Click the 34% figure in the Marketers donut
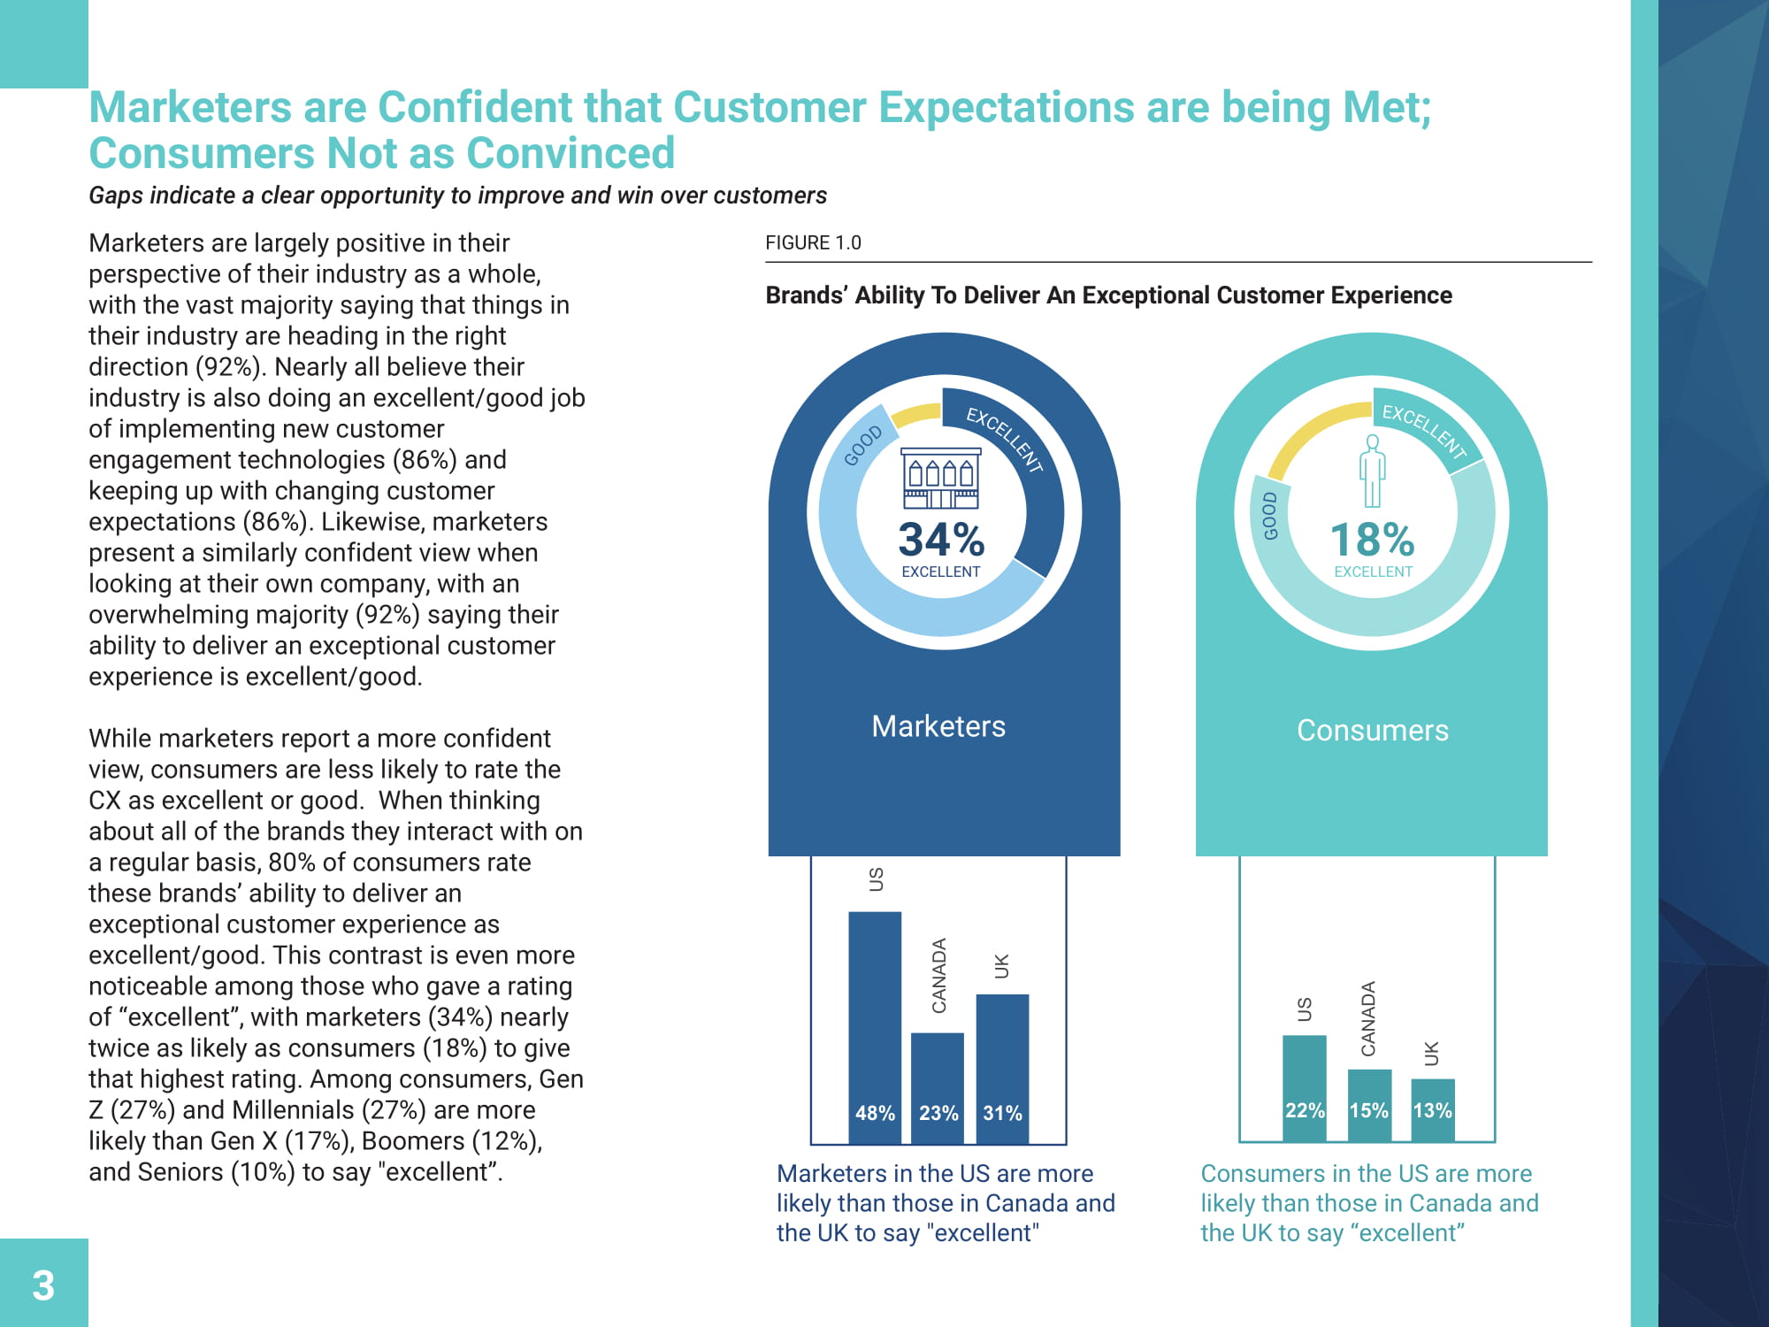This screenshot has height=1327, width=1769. click(x=941, y=539)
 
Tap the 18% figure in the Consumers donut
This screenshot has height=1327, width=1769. click(x=1372, y=539)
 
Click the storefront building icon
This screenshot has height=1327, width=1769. click(x=941, y=478)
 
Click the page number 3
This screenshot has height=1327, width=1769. click(x=43, y=1285)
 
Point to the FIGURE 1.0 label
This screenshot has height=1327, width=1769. click(x=813, y=243)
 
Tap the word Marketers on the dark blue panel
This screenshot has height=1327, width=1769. click(x=938, y=726)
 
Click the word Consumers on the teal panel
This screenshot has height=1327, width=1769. click(x=1372, y=731)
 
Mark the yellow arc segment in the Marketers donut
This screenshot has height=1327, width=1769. click(x=915, y=414)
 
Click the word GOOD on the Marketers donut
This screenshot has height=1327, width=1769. click(x=862, y=445)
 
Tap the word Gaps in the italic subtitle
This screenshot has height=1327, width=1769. click(x=116, y=196)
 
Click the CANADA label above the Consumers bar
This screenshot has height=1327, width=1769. click(x=1368, y=1018)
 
